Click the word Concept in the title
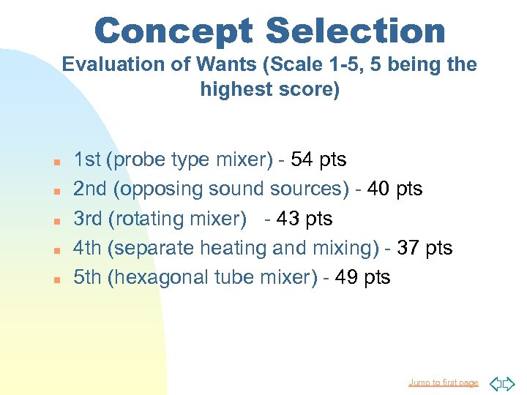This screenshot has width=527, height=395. (x=173, y=31)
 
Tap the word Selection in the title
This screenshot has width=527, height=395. (x=356, y=31)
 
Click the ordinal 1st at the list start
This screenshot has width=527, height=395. (x=87, y=159)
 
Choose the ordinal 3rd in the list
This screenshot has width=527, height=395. (x=88, y=219)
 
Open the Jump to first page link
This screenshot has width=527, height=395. (x=444, y=383)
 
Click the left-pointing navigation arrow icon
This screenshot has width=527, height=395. (x=495, y=383)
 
